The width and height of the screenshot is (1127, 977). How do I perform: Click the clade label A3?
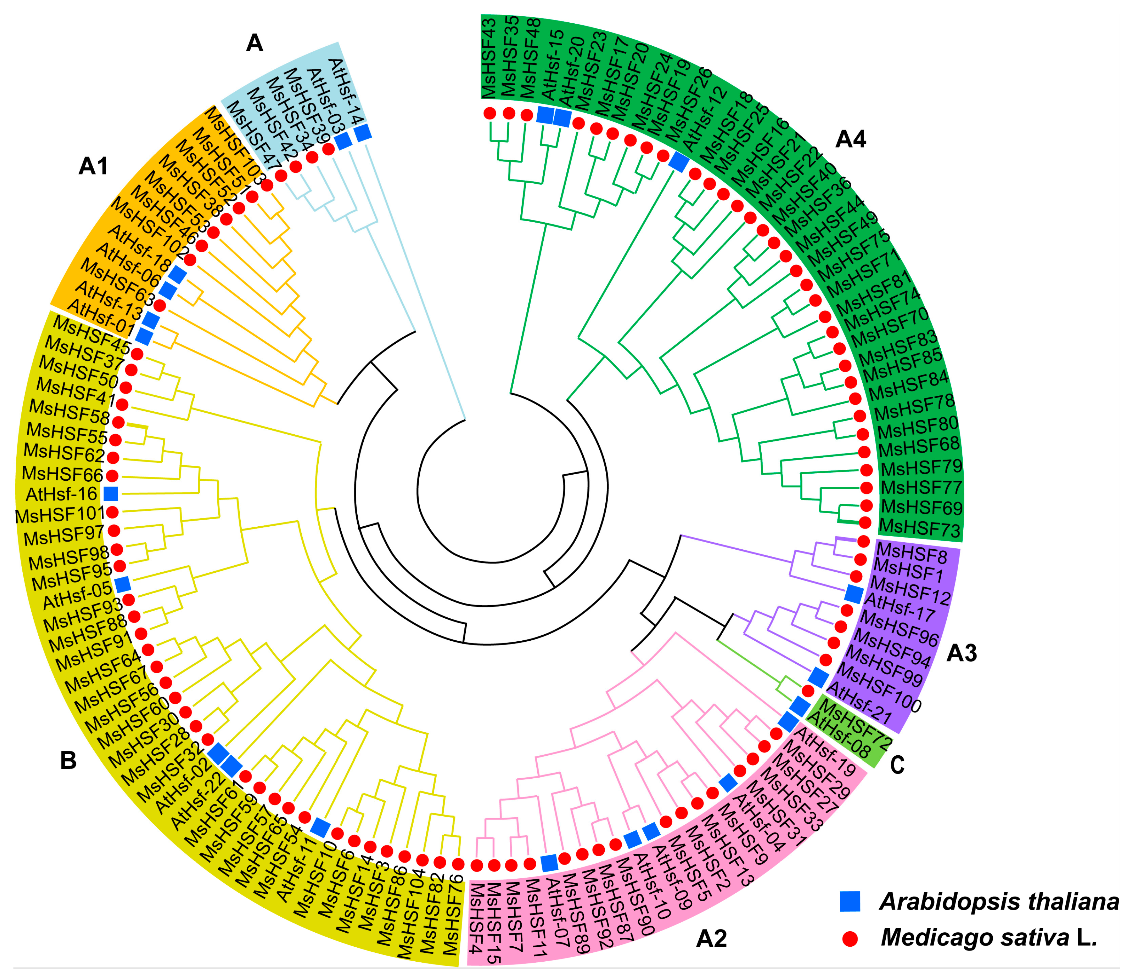(x=962, y=653)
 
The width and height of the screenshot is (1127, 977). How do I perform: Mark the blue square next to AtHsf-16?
(x=111, y=494)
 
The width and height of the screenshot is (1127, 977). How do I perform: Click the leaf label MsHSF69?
(x=922, y=508)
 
